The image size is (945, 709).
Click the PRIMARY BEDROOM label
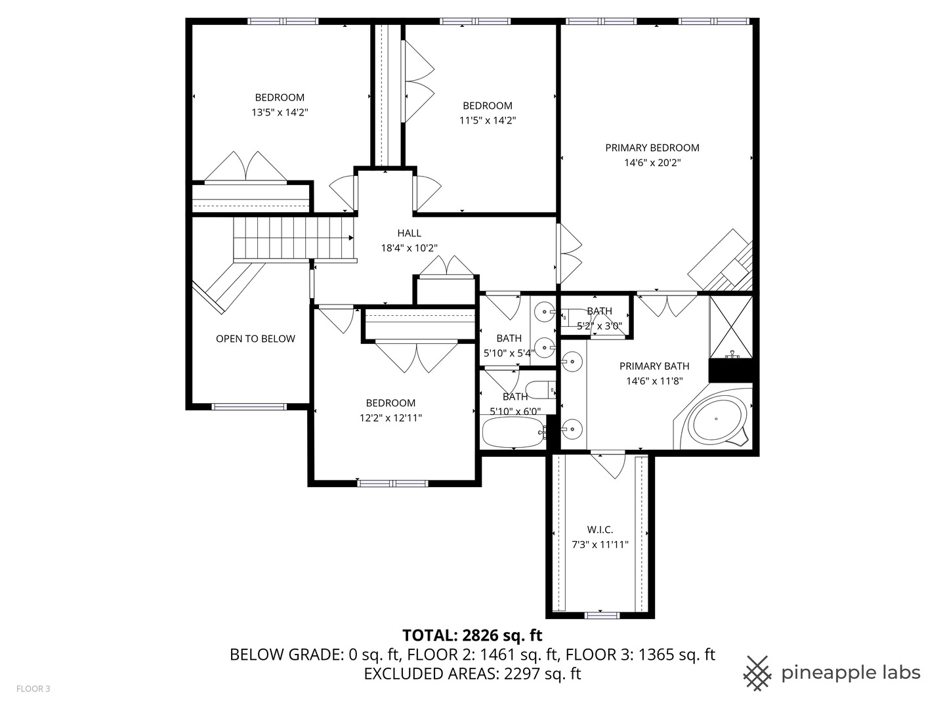(652, 148)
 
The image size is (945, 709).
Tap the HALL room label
(409, 233)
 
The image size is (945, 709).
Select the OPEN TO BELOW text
(255, 339)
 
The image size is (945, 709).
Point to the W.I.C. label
(600, 530)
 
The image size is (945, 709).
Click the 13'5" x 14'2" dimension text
(280, 112)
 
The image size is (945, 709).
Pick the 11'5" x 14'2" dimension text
(488, 121)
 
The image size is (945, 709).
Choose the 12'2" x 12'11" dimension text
(390, 418)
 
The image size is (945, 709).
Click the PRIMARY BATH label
(654, 366)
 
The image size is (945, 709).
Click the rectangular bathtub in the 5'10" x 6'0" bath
(513, 432)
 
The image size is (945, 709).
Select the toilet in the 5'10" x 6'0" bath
(540, 390)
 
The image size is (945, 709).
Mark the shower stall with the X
(730, 327)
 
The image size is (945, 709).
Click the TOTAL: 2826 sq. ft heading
(472, 635)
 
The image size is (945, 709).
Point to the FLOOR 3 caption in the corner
(33, 689)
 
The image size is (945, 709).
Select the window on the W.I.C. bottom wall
(600, 615)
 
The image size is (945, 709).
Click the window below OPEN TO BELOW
(249, 406)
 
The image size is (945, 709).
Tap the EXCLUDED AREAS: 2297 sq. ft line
(472, 674)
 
